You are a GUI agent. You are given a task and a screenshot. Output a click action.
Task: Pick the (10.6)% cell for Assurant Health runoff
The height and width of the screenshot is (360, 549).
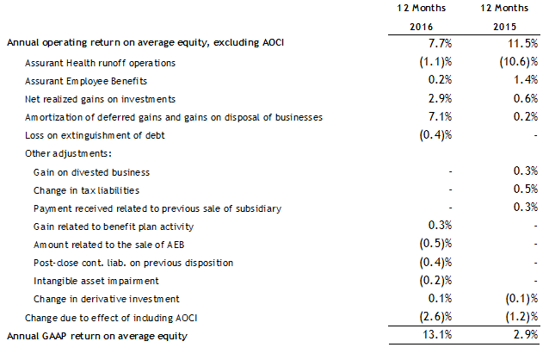(x=520, y=63)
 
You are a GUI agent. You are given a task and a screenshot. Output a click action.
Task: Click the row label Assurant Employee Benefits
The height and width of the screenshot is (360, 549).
(x=92, y=80)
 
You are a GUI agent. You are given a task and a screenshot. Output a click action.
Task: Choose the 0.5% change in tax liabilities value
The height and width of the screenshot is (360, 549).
(x=526, y=190)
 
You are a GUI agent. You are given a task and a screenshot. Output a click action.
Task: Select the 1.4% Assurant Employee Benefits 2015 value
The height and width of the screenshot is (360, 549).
(x=526, y=80)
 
